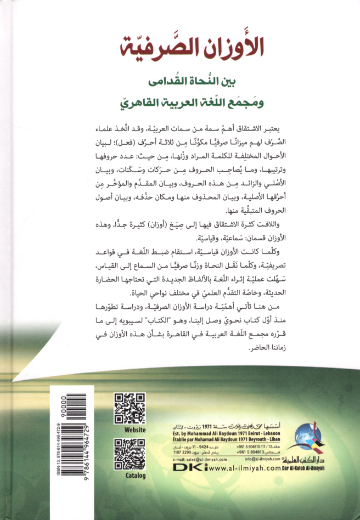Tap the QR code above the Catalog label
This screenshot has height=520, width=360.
(130, 454)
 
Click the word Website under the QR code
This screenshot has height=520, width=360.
(131, 429)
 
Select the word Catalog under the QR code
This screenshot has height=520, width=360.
(131, 475)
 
